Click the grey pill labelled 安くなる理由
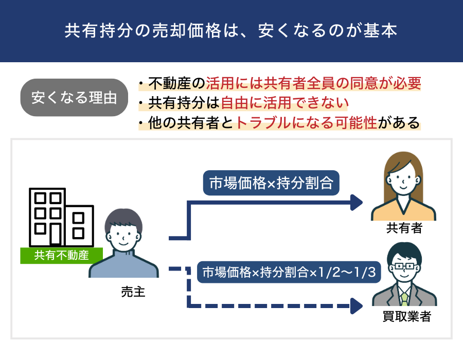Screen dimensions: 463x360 [74, 97]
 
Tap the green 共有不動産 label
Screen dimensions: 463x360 [61, 255]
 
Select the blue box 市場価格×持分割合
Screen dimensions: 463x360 [271, 183]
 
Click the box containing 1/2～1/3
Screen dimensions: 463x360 [289, 272]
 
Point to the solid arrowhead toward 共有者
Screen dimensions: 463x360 [357, 203]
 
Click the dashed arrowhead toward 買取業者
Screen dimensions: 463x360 [357, 306]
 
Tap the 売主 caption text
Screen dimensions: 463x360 [133, 292]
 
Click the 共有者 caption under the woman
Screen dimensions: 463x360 [404, 228]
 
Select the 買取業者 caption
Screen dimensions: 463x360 [407, 316]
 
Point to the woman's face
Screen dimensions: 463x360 [402, 180]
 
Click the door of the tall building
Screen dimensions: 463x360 [56, 235]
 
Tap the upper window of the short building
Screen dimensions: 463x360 [78, 218]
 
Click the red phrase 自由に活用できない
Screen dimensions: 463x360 [284, 103]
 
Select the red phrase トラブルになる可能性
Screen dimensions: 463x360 [307, 123]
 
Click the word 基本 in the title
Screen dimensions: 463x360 [380, 30]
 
